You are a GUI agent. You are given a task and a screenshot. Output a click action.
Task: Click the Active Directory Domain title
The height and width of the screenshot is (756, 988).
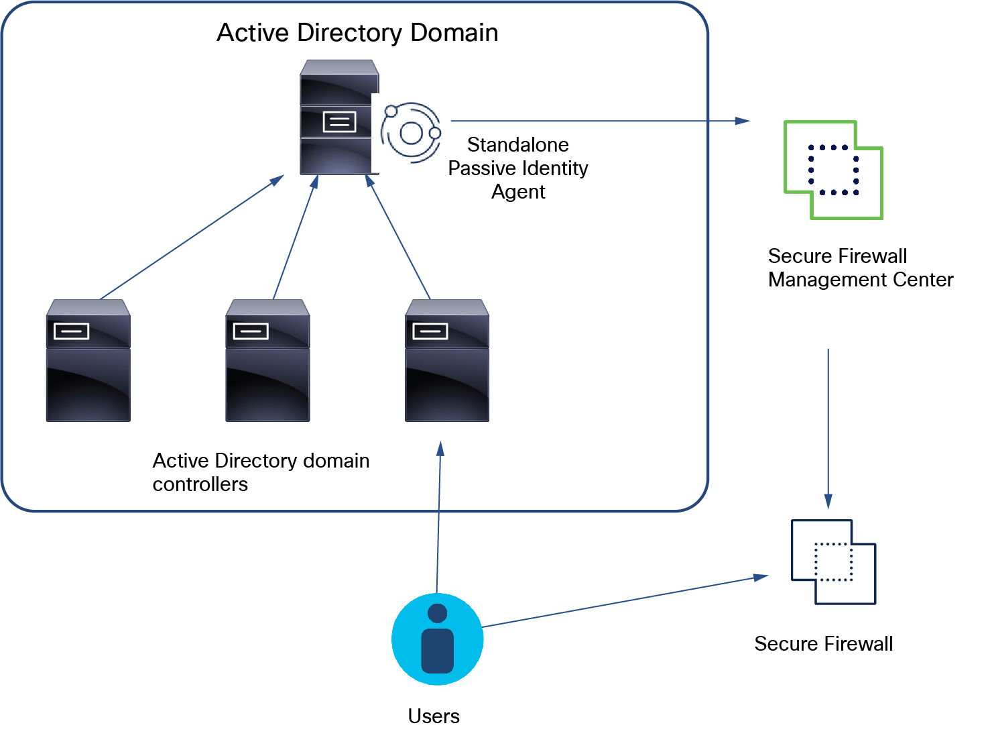[357, 33]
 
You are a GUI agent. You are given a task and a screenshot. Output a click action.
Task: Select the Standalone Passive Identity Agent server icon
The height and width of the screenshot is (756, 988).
[338, 118]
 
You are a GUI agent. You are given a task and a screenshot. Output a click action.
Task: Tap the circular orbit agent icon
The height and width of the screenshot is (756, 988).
[411, 132]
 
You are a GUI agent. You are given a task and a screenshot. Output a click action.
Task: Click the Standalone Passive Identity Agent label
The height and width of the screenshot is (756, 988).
[517, 168]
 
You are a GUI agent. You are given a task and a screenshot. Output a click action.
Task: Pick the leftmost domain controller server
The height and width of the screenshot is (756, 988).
[88, 361]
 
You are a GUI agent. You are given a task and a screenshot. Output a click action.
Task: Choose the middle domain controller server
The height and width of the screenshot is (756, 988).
[267, 361]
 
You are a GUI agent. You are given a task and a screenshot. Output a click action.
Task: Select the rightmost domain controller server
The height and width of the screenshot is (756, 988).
[447, 361]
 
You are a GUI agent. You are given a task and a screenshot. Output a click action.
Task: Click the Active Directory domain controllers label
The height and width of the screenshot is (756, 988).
[261, 472]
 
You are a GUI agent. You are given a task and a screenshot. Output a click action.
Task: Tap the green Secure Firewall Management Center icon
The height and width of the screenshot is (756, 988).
[833, 170]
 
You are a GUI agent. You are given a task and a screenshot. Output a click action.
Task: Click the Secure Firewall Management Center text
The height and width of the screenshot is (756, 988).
[860, 268]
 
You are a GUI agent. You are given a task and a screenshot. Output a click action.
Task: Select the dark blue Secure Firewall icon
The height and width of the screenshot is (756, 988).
[833, 562]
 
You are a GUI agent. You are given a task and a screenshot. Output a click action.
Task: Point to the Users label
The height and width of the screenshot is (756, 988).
[434, 716]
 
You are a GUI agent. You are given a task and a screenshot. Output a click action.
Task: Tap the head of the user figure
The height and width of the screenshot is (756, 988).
[437, 613]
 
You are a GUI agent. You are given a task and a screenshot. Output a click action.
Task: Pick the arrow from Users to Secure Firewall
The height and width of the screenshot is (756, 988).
[623, 602]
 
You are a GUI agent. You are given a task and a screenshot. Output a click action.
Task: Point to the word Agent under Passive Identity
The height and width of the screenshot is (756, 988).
[518, 192]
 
